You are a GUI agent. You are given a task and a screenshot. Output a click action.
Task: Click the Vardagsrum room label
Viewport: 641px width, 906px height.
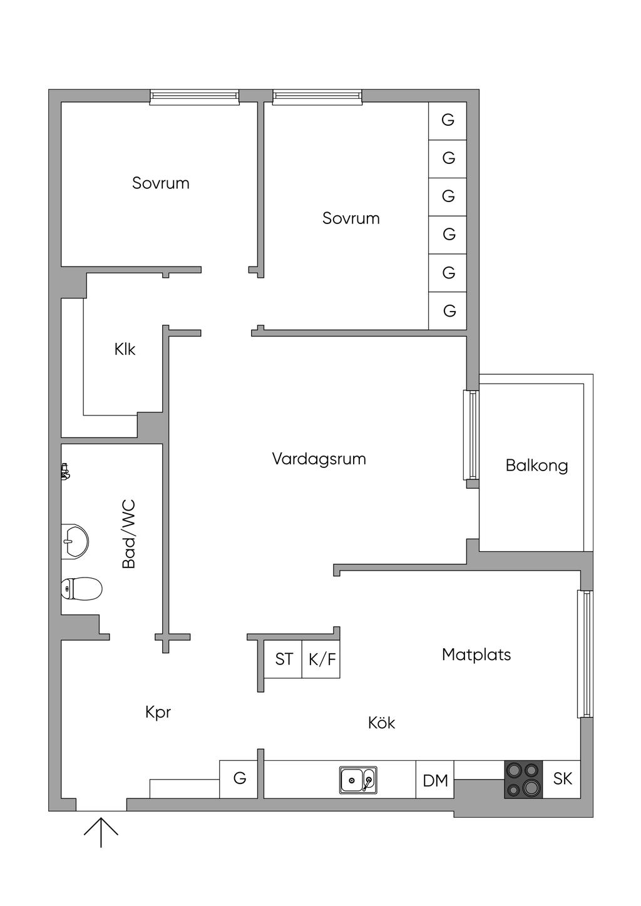click(x=319, y=459)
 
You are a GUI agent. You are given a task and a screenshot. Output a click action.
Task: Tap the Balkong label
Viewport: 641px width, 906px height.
click(x=536, y=466)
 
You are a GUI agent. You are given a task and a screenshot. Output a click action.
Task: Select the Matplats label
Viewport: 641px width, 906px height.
click(x=476, y=654)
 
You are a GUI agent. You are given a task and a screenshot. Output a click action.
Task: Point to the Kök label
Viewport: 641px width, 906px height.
click(x=382, y=723)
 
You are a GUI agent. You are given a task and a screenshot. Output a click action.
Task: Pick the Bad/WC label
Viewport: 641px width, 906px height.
click(x=129, y=534)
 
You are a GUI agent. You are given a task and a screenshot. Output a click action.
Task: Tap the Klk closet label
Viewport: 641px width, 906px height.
click(x=125, y=349)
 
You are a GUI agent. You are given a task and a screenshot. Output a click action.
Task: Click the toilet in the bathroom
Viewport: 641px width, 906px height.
click(x=81, y=588)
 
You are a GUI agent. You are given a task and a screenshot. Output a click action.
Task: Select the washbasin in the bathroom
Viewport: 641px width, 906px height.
click(x=75, y=542)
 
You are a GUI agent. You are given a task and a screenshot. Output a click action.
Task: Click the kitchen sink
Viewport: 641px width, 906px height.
click(x=358, y=780)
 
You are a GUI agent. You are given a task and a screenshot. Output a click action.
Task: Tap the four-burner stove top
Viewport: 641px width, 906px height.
click(x=523, y=780)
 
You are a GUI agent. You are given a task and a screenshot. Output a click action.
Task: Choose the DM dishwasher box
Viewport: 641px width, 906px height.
click(x=435, y=780)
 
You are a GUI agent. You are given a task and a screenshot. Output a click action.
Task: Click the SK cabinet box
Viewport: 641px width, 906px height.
click(x=562, y=780)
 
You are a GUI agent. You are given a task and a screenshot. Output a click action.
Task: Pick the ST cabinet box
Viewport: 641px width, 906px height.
click(x=283, y=659)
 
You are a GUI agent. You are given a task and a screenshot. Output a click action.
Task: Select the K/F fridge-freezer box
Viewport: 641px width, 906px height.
click(x=321, y=659)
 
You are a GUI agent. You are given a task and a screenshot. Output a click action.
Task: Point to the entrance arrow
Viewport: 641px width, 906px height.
click(x=101, y=832)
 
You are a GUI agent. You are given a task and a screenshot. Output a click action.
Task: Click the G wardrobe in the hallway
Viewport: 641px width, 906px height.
click(x=238, y=780)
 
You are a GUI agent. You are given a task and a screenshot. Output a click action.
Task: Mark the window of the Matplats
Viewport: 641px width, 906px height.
click(x=585, y=654)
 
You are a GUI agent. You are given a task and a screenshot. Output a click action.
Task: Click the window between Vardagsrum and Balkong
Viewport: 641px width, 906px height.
click(x=471, y=435)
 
